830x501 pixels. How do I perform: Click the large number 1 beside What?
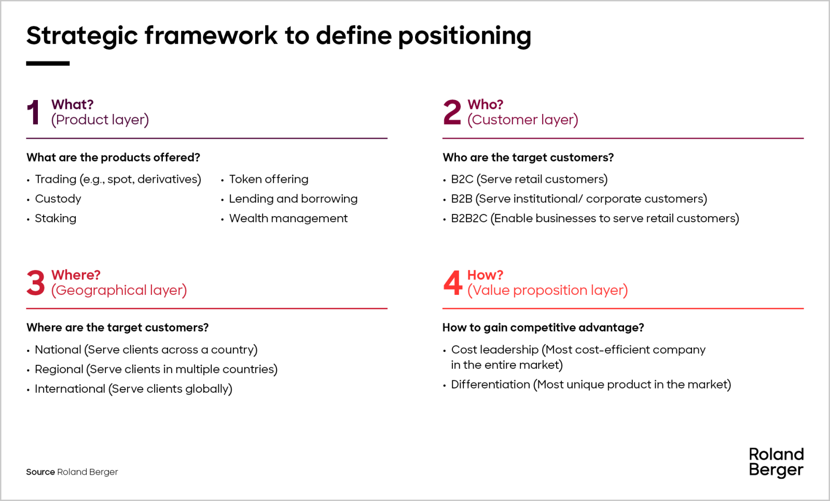pos(34,112)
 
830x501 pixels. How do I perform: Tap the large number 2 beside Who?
pos(452,112)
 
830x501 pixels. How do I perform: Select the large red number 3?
pos(35,283)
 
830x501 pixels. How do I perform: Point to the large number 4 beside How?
pos(452,283)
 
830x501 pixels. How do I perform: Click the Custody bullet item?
pos(58,199)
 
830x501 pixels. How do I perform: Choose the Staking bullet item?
pos(55,219)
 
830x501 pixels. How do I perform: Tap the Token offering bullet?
pos(268,179)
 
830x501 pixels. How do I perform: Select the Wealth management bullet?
pos(288,219)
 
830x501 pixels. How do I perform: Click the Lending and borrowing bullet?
pos(293,199)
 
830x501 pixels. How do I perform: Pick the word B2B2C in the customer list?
pos(469,219)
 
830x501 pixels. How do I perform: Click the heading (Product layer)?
pos(100,120)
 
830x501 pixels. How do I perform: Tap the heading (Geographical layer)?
pos(119,290)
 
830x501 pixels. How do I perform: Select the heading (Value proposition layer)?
pos(547,290)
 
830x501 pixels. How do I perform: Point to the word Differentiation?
pos(490,384)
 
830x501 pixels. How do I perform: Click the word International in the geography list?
pos(70,389)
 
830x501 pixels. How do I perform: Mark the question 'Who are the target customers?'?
pos(528,158)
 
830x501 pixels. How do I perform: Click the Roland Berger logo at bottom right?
pos(776,462)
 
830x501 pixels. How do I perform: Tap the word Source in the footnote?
pos(40,472)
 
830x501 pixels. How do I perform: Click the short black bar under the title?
pos(48,63)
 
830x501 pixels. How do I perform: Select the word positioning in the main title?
pos(464,36)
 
